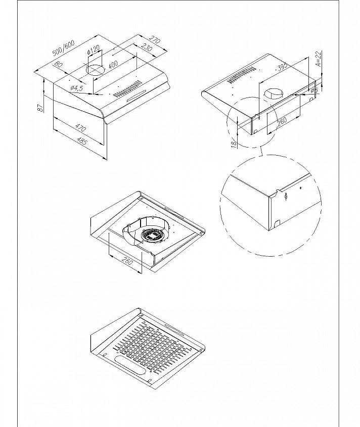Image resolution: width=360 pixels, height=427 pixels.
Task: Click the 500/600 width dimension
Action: [x=64, y=48]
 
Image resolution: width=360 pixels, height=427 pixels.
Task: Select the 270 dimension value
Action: [x=155, y=40]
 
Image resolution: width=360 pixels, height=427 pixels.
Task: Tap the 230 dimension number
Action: [x=146, y=48]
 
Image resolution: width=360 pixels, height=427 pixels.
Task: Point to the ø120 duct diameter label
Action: [x=94, y=50]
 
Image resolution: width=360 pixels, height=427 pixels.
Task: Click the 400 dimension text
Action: [x=113, y=65]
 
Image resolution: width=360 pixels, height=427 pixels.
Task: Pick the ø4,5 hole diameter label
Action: [x=76, y=88]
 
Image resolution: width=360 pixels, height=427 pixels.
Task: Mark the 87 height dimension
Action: [x=40, y=108]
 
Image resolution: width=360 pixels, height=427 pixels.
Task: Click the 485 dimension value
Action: [x=82, y=140]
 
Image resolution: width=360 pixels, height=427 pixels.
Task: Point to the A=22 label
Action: [x=319, y=59]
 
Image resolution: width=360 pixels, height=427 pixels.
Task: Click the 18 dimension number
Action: [x=234, y=145]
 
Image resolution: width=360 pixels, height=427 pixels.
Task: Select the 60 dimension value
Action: [x=59, y=65]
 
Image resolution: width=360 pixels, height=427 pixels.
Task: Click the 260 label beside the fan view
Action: [x=127, y=261]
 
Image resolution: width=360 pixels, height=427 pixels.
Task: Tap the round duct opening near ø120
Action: [x=96, y=70]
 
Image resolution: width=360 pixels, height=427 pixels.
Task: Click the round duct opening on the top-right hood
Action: [x=274, y=94]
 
